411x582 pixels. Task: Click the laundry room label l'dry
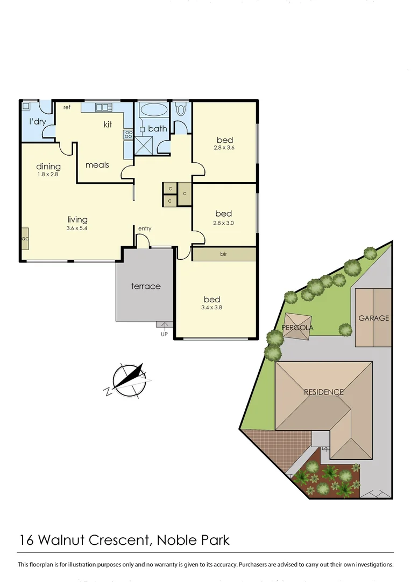click(37, 122)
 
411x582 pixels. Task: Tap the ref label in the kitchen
click(67, 107)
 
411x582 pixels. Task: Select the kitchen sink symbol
click(102, 107)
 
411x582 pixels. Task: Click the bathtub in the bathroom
click(153, 110)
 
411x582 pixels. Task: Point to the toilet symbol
click(181, 109)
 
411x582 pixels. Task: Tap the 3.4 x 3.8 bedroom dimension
click(211, 308)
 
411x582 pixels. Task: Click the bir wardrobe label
click(223, 253)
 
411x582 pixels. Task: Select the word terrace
click(146, 286)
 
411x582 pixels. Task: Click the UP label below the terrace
click(164, 334)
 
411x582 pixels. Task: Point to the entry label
click(145, 228)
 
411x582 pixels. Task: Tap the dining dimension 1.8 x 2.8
click(48, 175)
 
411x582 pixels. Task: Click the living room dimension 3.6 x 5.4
click(77, 228)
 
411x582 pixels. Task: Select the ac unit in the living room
click(25, 238)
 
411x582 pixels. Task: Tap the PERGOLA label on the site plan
click(297, 328)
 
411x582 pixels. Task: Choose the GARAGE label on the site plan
click(373, 318)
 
